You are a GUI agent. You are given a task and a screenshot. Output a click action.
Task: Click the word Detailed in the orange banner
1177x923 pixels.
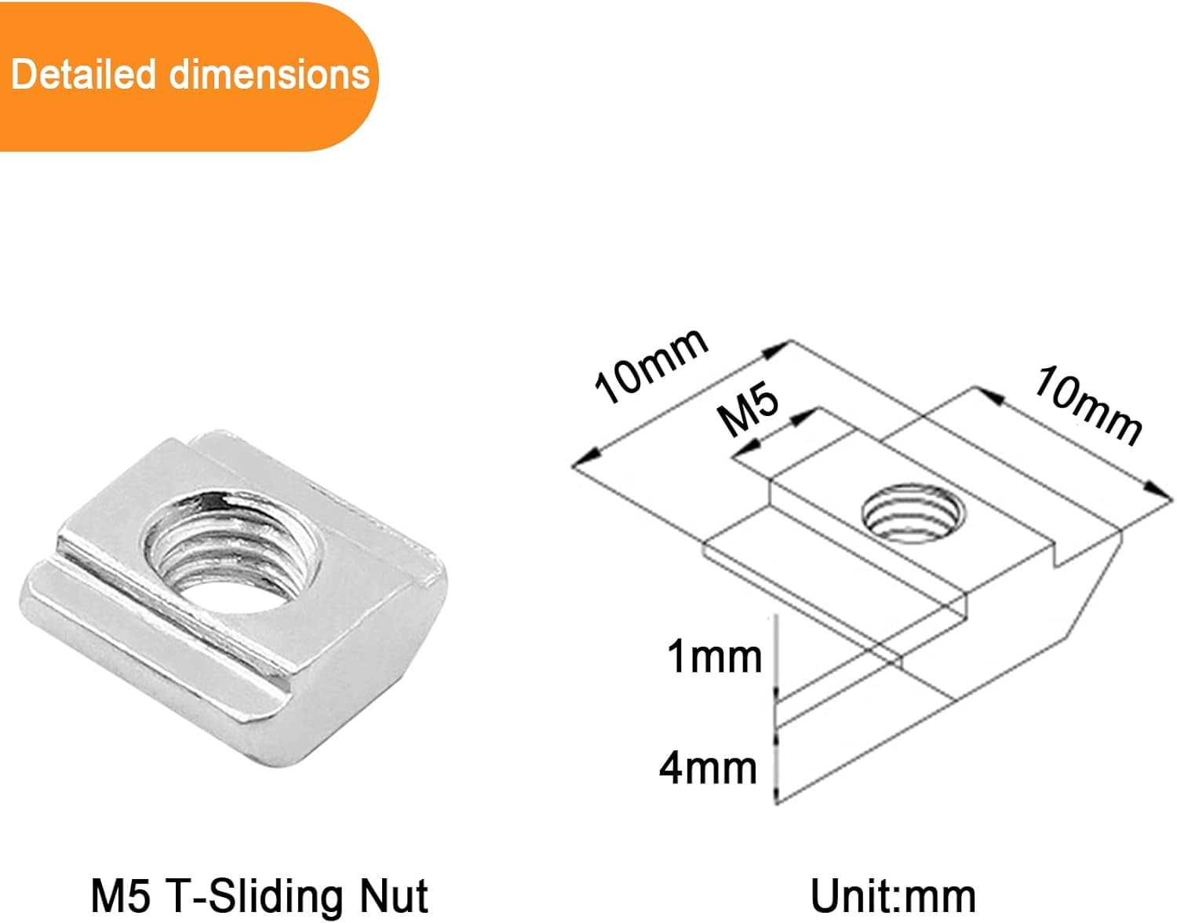pyautogui.click(x=83, y=75)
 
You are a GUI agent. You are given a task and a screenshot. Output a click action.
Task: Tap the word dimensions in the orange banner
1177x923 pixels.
pyautogui.click(x=269, y=75)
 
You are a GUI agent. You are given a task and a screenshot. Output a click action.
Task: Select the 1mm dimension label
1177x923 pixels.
pyautogui.click(x=714, y=656)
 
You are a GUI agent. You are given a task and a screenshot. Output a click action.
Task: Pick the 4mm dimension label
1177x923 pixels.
pyautogui.click(x=708, y=768)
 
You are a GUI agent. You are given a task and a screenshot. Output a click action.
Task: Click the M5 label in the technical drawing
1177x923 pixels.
pyautogui.click(x=749, y=407)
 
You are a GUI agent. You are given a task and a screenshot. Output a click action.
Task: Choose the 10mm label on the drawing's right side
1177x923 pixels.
pyautogui.click(x=1088, y=406)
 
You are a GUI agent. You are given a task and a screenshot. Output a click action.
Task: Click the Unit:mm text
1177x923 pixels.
pyautogui.click(x=892, y=896)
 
